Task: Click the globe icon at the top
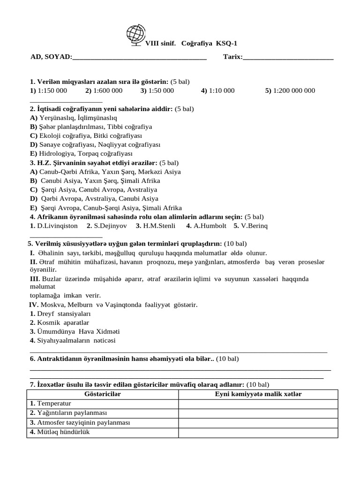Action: (136, 36)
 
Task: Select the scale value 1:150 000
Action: (52, 90)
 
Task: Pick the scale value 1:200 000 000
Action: (294, 90)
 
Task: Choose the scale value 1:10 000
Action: (222, 90)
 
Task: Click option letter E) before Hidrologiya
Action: (34, 153)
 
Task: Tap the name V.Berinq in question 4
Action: (254, 225)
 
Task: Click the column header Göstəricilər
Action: (102, 394)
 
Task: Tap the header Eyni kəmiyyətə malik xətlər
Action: (258, 394)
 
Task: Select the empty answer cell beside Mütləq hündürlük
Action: (258, 432)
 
